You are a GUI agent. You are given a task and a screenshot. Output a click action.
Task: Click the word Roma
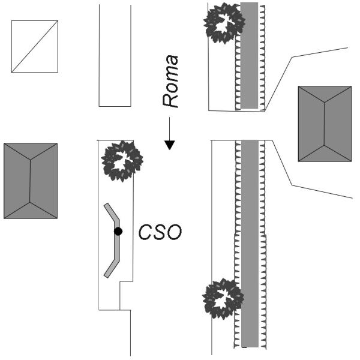[x=172, y=81]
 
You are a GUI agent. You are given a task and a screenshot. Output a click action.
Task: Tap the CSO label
[x=160, y=232]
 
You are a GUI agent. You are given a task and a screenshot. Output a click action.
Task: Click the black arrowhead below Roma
[x=170, y=145]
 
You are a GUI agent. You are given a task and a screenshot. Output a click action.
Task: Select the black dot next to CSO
[x=118, y=231]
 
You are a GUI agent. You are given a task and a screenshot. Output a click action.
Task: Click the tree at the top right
[x=224, y=23]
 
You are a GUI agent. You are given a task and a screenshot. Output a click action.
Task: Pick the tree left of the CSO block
[x=122, y=161]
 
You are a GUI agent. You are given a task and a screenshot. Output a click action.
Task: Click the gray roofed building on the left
[x=30, y=181]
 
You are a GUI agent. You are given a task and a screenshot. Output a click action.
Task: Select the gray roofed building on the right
[x=325, y=124]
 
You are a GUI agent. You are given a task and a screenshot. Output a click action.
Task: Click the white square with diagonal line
[x=35, y=46]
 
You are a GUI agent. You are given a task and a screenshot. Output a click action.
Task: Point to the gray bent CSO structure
[x=116, y=240]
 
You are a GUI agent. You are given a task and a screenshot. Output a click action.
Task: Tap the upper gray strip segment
[x=250, y=55]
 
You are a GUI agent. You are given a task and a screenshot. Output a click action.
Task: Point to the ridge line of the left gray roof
[x=29, y=180]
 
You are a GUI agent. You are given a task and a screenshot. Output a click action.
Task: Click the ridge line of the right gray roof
[x=325, y=124]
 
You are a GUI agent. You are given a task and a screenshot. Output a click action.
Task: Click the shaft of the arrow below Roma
[x=170, y=128]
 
